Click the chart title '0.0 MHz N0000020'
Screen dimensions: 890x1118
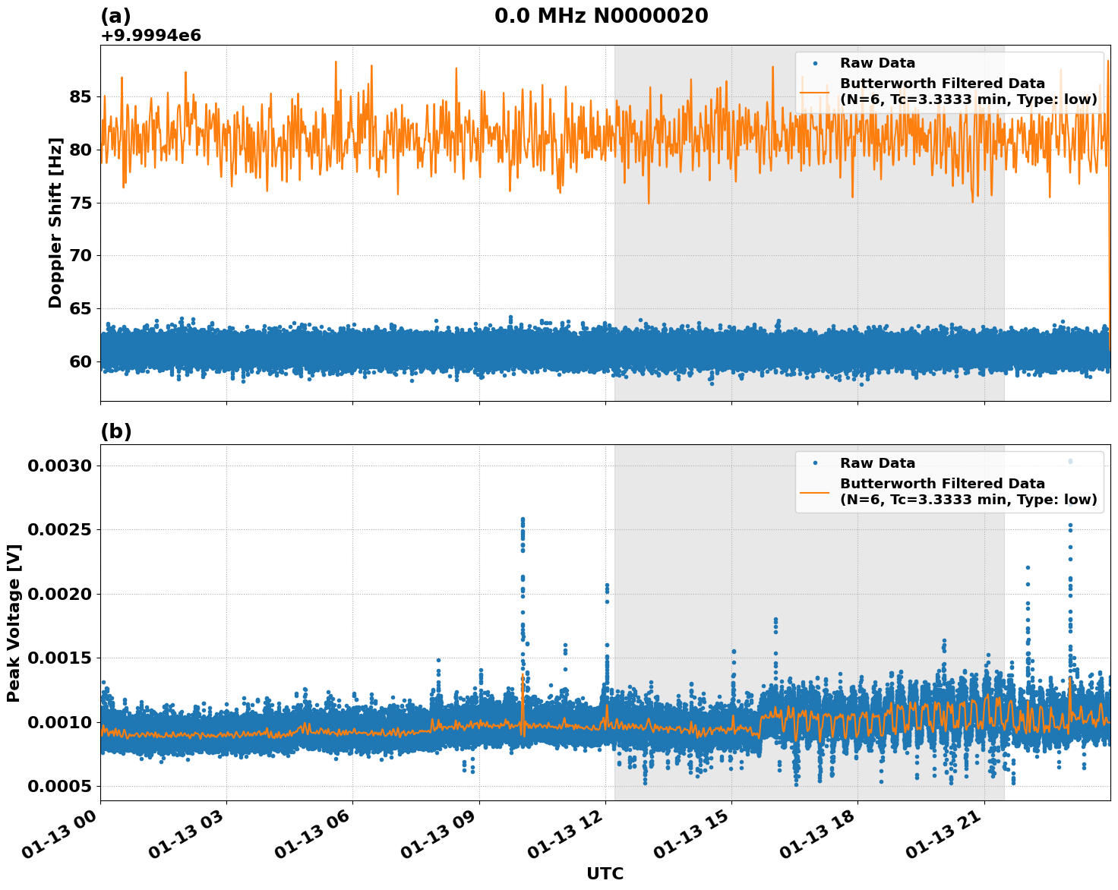tap(601, 15)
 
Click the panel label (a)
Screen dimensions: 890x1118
tap(115, 16)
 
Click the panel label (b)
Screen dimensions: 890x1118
tap(115, 431)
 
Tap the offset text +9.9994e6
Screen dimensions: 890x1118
tap(150, 35)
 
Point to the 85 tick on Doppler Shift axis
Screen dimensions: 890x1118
tap(80, 96)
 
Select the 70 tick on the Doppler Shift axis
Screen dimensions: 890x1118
tap(80, 255)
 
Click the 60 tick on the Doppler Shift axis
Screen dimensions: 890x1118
tap(80, 361)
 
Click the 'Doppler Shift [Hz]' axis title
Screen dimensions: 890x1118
tap(55, 222)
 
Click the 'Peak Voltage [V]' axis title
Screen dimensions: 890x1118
tap(14, 623)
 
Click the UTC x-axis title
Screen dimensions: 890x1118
tap(605, 873)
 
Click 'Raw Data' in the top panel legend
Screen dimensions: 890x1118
tap(877, 63)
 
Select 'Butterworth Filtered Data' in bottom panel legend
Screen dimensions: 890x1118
tap(942, 484)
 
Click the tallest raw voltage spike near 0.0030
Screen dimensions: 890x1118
tap(1070, 461)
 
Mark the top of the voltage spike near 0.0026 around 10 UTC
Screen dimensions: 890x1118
tap(523, 519)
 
